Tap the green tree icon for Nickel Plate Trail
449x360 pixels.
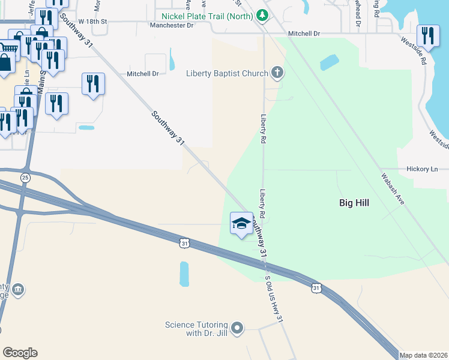click(262, 14)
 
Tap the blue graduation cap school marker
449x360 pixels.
click(241, 223)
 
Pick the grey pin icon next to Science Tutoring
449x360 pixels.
click(237, 328)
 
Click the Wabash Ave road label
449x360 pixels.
click(392, 189)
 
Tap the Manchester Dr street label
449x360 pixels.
click(172, 26)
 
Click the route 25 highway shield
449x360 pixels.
click(25, 178)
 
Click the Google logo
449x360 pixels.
click(20, 353)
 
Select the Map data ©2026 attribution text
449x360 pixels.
click(424, 355)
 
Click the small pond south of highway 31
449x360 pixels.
click(184, 274)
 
